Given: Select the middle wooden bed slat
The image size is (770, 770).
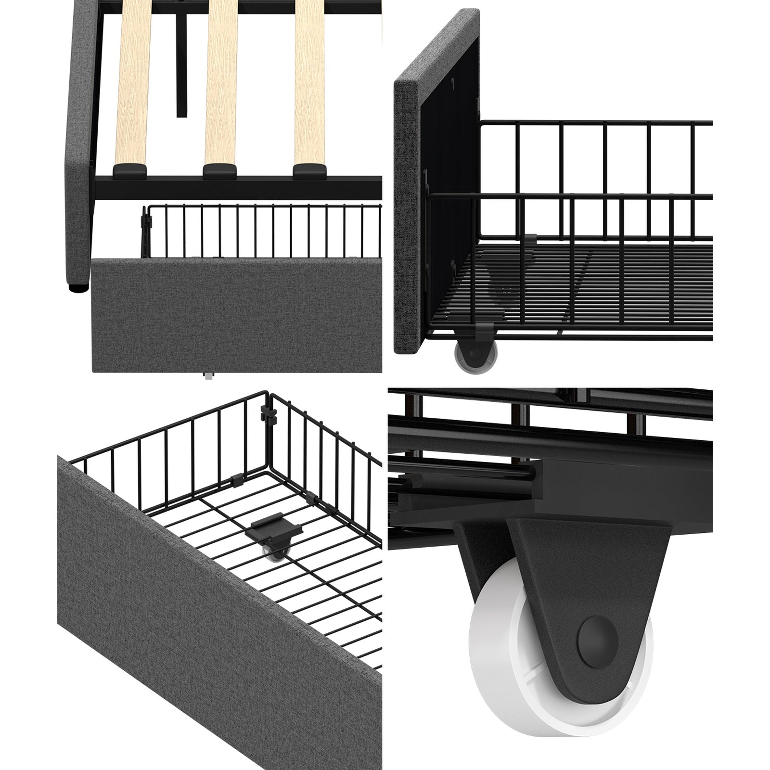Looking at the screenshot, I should click(x=221, y=82).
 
